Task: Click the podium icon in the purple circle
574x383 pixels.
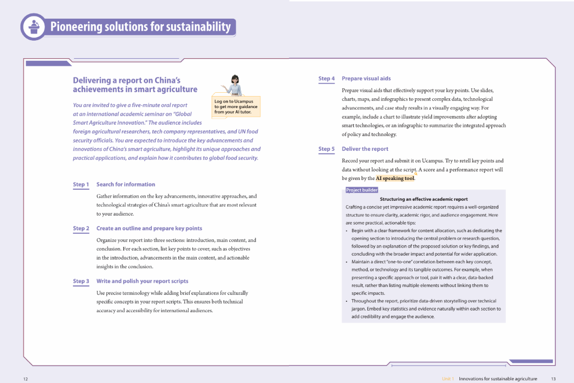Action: pos(34,26)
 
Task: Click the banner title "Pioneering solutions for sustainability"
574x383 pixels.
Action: pos(140,26)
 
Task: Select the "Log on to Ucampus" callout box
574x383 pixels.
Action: pos(236,107)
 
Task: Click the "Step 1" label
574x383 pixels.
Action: pos(81,185)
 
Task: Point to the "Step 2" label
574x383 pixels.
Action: pos(81,229)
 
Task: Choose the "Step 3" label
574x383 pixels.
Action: pos(81,281)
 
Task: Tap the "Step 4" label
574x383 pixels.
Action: pos(326,79)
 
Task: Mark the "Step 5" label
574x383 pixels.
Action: pos(326,149)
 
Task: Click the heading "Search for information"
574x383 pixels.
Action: pos(126,184)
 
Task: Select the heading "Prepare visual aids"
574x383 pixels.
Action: pos(366,78)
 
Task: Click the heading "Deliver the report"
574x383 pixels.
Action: pos(365,149)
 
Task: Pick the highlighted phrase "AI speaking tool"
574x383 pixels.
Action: pos(395,178)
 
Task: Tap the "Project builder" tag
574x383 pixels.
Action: pos(362,190)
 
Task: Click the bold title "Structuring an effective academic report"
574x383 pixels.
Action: pos(424,199)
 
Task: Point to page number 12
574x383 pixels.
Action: pos(26,379)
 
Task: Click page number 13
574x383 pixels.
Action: pos(553,379)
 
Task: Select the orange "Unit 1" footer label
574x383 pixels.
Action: pos(448,379)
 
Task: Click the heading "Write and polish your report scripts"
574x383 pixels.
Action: pos(142,281)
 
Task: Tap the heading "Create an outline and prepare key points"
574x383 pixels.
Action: pos(149,228)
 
